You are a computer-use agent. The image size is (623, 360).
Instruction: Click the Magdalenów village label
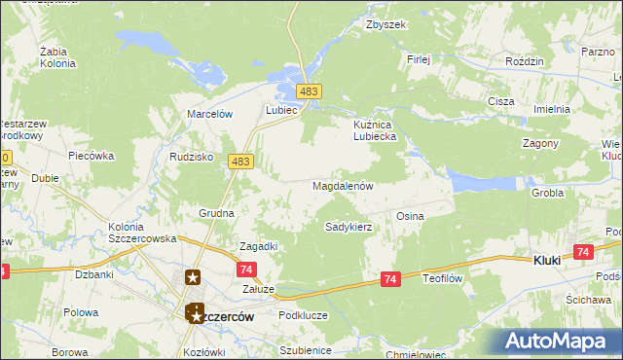click(x=343, y=185)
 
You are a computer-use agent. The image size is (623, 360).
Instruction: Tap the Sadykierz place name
click(x=348, y=227)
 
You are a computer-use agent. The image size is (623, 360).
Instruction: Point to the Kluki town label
click(x=550, y=261)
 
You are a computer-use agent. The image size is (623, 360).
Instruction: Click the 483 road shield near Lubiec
click(x=310, y=91)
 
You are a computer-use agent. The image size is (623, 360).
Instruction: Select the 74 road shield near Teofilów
click(x=390, y=279)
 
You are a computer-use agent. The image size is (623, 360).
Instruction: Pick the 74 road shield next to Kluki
click(x=583, y=252)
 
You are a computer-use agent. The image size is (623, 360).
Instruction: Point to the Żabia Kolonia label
click(x=58, y=57)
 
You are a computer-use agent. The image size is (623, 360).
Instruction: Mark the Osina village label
click(x=409, y=216)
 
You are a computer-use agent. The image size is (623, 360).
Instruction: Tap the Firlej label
click(x=419, y=59)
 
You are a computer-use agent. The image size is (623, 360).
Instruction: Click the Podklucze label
click(x=300, y=314)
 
